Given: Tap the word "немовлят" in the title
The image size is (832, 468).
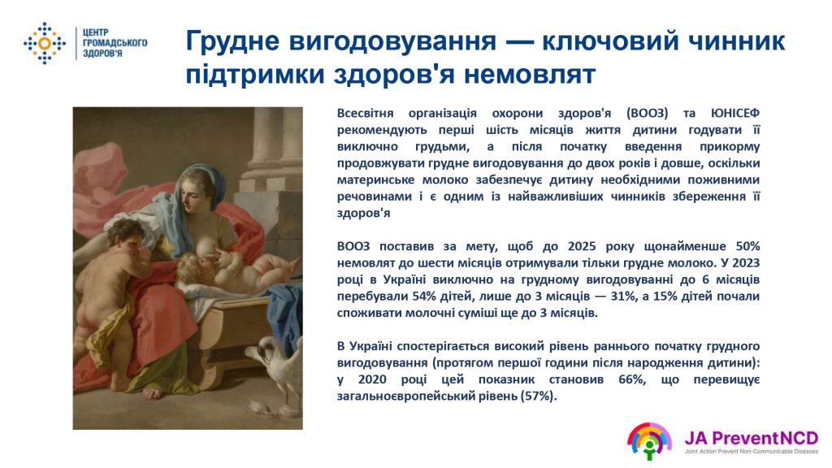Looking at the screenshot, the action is coord(530,74).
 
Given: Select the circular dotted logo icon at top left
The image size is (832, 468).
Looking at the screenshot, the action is coord(45,43).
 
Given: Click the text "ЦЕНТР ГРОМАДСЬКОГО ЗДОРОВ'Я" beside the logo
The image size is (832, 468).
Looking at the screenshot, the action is coord(115,43).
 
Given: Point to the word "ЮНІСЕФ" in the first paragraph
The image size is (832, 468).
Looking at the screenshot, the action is coord(734,113).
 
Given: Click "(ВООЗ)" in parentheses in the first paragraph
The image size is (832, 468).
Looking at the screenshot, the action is coord(647,113).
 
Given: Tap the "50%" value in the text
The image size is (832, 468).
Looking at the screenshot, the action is coord(747,246).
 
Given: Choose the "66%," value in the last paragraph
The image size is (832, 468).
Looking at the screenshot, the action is coord(632,379).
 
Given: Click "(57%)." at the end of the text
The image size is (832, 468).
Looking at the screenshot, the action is coord(539,396).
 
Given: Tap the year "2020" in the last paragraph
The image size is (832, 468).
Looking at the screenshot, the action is coord(372,379).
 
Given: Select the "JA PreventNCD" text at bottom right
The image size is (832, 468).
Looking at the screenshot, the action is coord(751,438).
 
